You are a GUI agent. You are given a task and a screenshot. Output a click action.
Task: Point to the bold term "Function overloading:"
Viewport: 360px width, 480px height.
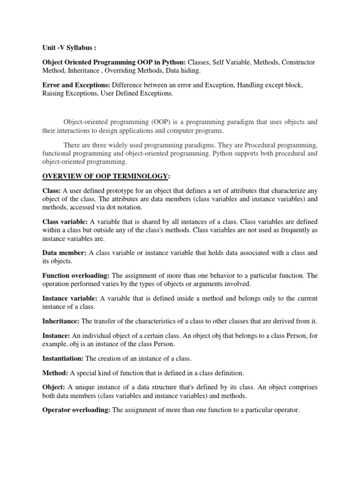[76, 275]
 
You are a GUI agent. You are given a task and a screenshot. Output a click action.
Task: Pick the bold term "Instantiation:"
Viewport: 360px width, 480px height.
[63, 358]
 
